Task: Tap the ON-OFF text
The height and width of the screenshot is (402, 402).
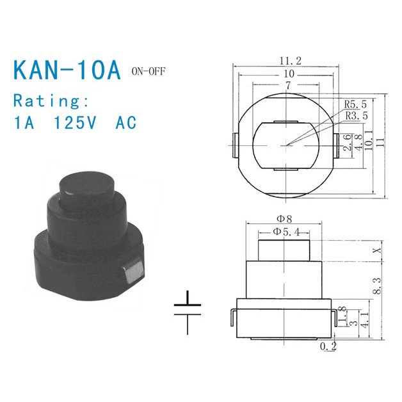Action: [147, 70]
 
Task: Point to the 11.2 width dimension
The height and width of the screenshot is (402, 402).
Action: [290, 61]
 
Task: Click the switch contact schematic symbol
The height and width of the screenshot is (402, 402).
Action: [188, 312]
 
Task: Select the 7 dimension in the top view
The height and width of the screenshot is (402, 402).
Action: [289, 84]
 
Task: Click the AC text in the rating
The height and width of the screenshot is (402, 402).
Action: [125, 123]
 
